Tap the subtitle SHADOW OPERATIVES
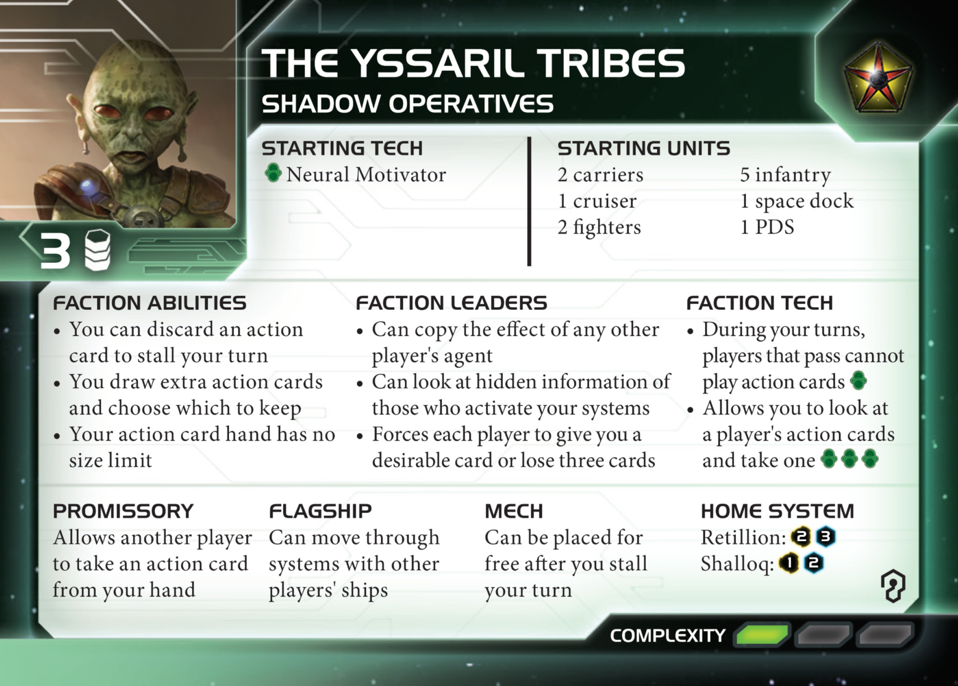click(408, 103)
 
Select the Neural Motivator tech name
click(366, 175)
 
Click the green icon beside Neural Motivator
click(273, 173)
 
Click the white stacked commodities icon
click(98, 250)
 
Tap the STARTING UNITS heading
click(644, 148)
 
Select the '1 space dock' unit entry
click(797, 201)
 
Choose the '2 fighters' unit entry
click(599, 227)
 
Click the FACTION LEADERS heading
click(451, 303)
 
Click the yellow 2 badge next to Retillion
click(801, 537)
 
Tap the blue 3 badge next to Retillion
click(825, 537)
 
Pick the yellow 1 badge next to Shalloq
click(789, 563)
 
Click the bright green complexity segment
click(762, 635)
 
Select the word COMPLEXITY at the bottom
click(668, 636)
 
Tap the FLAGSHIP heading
click(320, 511)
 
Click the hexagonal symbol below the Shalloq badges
click(893, 585)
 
